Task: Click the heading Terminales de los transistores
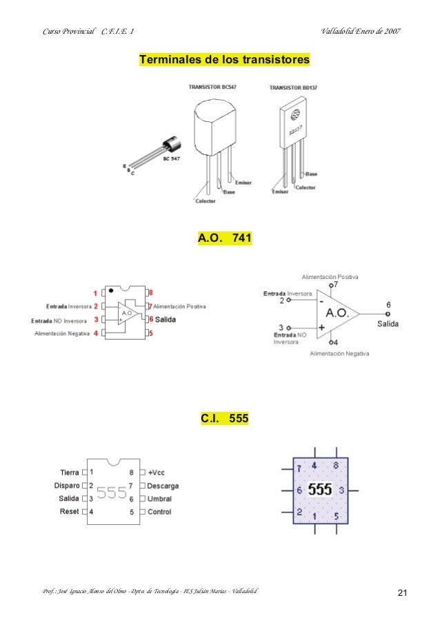point(224,60)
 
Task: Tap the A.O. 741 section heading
point(225,238)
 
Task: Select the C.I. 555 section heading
point(225,417)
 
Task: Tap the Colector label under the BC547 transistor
point(206,201)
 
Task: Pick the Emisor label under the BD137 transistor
point(279,192)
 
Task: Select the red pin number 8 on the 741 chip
point(150,292)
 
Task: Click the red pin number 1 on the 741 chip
point(95,292)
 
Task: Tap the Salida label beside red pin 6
point(166,320)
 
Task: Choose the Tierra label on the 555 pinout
point(70,473)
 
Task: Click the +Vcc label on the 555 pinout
point(157,473)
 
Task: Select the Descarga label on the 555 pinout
point(163,486)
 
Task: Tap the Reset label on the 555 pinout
point(69,512)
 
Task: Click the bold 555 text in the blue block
point(319,490)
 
